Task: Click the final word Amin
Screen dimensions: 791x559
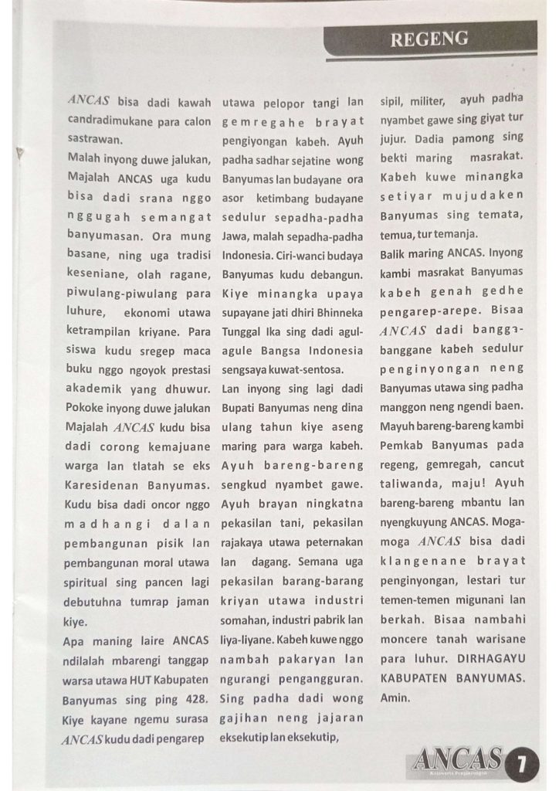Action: tap(393, 697)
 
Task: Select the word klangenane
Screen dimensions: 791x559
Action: tap(419, 560)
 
